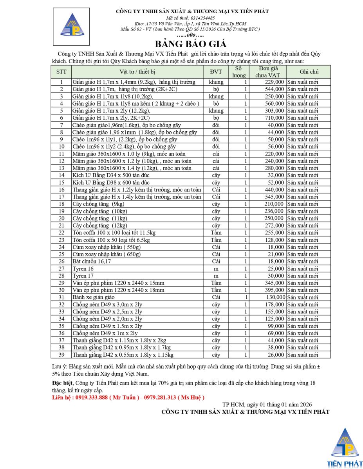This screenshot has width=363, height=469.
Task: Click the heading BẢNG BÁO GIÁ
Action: [190, 44]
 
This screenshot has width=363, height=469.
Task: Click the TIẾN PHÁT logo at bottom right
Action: [345, 447]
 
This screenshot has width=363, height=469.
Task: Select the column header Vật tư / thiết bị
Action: [137, 72]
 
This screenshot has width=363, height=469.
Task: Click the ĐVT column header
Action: [216, 72]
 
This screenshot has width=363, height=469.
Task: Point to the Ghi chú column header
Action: [309, 72]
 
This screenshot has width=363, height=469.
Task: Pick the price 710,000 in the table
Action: [274, 118]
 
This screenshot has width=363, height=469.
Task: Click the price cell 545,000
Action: [274, 197]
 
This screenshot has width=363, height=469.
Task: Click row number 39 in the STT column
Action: [61, 355]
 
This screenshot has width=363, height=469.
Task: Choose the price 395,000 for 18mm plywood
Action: [274, 290]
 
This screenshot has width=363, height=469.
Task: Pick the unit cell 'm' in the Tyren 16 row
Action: [216, 269]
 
